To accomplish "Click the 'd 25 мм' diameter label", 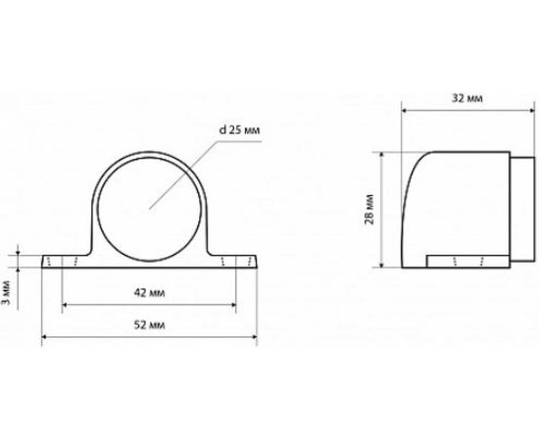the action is click(240, 130).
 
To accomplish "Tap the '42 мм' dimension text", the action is click(149, 293).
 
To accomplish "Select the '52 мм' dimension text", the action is click(149, 324).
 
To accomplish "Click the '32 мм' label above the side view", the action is click(466, 98).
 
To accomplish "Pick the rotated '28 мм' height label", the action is click(369, 210).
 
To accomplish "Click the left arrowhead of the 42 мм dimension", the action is click(65, 305).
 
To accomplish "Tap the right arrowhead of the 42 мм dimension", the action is click(234, 305).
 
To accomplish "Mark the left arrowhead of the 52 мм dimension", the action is click(44, 337).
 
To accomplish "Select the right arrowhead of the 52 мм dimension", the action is click(255, 337).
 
